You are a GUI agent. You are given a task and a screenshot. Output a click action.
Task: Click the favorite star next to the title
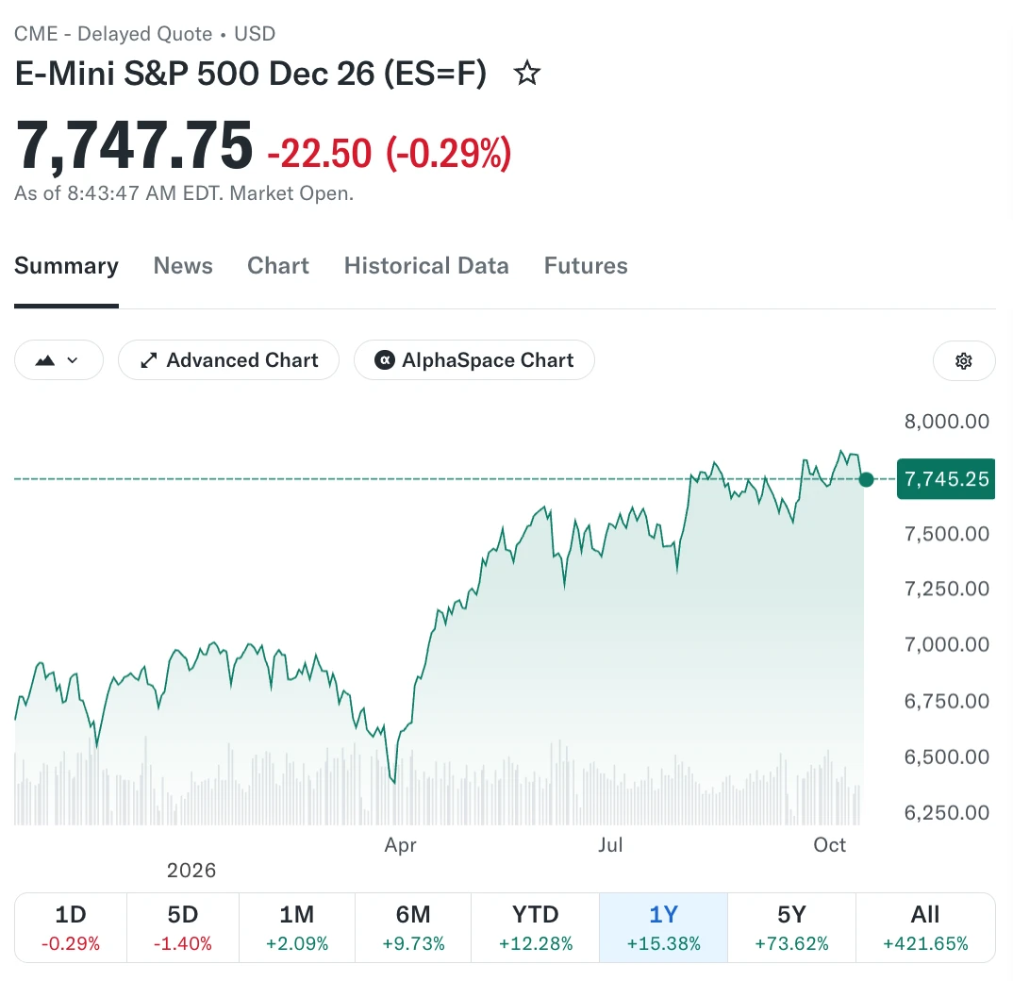coord(527,73)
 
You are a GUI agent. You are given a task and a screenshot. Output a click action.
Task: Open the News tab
coord(183,266)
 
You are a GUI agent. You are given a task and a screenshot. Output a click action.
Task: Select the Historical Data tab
coord(426,266)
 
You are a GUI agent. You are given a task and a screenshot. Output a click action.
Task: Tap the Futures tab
coord(586,266)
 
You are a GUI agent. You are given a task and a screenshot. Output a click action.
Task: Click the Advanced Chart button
coord(228,360)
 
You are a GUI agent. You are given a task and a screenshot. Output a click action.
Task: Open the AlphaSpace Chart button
coord(474,360)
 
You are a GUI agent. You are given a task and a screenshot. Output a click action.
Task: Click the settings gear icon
coord(964,360)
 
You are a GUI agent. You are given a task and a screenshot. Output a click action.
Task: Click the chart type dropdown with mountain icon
coord(58,360)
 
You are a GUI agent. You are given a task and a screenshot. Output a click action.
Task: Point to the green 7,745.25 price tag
coord(946,479)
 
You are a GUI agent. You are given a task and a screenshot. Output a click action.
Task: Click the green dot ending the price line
coord(867,479)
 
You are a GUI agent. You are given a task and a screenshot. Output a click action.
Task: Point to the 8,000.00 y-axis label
coord(946,422)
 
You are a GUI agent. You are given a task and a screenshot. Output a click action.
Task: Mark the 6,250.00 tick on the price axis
coord(946,812)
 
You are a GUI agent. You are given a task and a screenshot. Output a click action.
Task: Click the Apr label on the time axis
coord(401,845)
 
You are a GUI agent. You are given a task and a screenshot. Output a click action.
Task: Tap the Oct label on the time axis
coord(829,844)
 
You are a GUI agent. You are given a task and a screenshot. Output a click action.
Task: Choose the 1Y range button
coord(663,928)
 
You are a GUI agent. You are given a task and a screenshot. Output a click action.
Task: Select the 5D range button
coord(183,928)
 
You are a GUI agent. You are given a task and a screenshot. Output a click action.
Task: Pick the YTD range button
coord(536,928)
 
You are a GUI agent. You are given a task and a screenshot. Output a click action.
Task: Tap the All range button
coord(925,928)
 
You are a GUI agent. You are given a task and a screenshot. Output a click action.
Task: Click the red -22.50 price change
coord(320,154)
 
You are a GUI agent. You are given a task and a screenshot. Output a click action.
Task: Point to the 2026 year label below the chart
coord(191,871)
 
